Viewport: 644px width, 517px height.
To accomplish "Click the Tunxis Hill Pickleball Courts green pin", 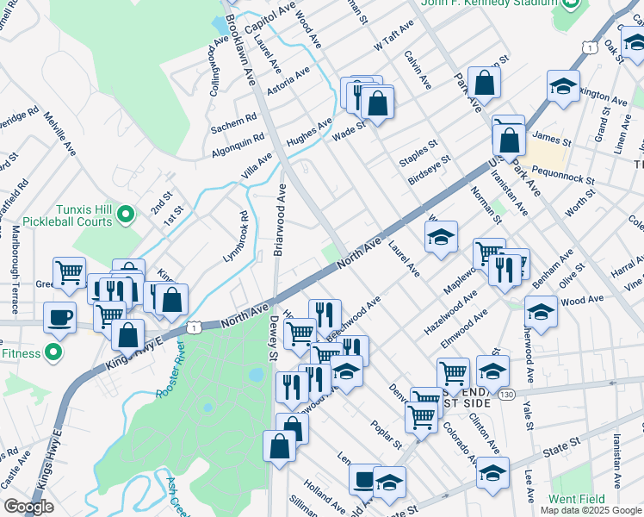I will (x=127, y=213).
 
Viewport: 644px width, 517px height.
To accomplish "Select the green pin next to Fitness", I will (x=53, y=352).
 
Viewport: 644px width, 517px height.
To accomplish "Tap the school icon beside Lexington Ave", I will (x=563, y=87).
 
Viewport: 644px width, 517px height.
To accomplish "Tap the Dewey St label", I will (x=273, y=338).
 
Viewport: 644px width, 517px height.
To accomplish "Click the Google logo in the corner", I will (x=28, y=507).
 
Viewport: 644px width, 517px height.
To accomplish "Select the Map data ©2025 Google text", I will (x=591, y=510).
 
